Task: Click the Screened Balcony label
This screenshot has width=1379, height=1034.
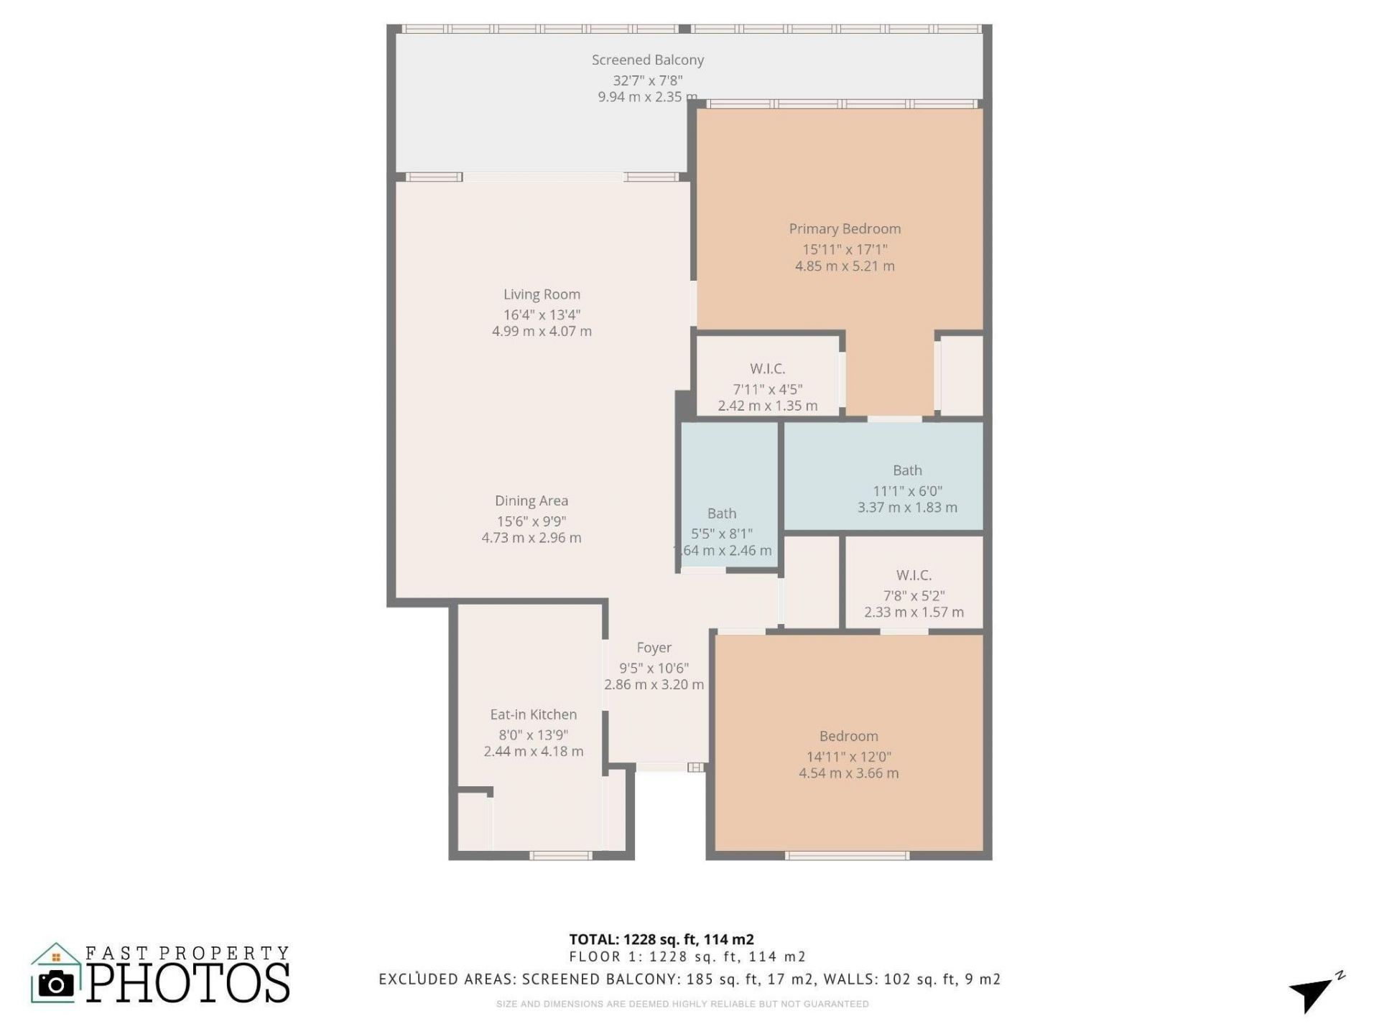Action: (647, 60)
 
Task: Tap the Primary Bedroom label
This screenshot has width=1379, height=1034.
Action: (845, 229)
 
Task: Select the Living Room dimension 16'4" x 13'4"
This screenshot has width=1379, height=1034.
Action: (542, 315)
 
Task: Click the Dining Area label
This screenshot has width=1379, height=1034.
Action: (531, 501)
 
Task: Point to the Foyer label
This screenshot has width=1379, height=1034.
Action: (654, 648)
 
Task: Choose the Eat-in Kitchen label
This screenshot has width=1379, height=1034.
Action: (533, 714)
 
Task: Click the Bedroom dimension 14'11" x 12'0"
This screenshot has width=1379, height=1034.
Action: (848, 757)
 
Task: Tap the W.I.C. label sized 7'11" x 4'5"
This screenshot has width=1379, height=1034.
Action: (767, 369)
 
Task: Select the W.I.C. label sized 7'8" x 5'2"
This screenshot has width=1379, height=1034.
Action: (914, 575)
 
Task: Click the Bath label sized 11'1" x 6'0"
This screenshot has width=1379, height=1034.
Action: (907, 470)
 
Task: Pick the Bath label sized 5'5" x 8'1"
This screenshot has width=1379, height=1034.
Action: (722, 513)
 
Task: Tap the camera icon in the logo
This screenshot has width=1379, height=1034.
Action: (55, 984)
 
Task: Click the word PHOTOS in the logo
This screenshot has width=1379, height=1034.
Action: (189, 983)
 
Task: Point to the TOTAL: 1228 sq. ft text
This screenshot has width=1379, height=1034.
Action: (661, 939)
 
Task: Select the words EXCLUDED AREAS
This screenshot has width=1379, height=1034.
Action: (447, 979)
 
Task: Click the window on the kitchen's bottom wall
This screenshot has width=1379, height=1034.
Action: (561, 855)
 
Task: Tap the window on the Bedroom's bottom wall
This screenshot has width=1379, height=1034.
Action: (847, 855)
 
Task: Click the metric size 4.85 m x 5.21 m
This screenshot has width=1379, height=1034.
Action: (845, 266)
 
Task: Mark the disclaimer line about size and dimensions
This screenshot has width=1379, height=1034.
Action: (682, 1004)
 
